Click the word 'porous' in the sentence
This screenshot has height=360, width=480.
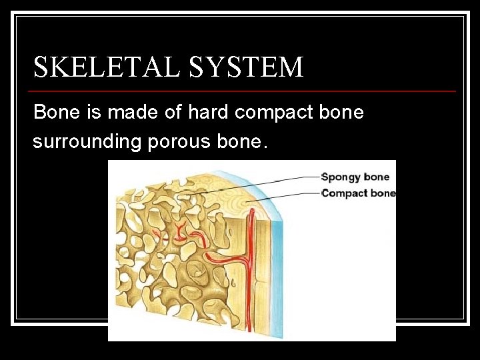pos(173,141)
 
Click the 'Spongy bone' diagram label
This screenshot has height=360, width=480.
pos(355,177)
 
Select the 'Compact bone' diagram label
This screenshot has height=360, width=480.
pos(358,193)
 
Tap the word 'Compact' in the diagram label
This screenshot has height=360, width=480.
pos(345,193)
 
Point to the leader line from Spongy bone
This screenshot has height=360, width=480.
pos(267,182)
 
